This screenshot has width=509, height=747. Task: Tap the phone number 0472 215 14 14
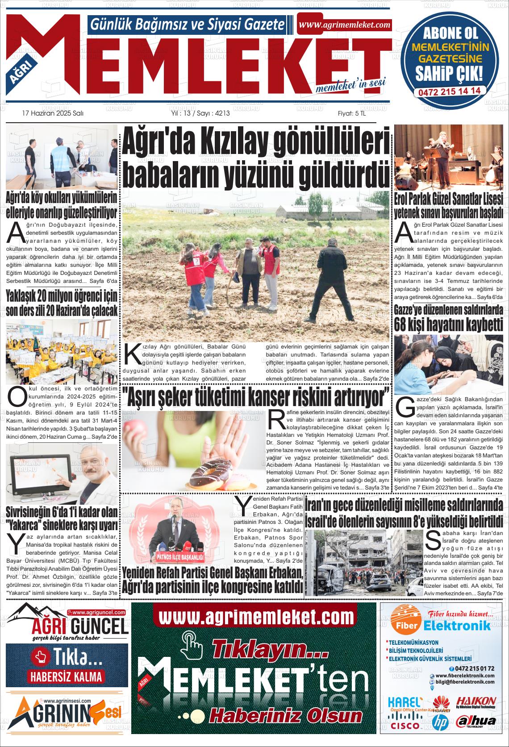(449, 91)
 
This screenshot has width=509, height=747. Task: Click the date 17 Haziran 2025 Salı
(53, 113)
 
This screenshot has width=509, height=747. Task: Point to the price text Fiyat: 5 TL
(351, 113)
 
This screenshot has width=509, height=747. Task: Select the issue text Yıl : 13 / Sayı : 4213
(200, 113)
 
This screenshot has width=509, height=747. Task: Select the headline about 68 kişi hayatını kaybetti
(448, 318)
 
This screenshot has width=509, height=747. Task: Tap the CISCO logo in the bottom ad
(405, 726)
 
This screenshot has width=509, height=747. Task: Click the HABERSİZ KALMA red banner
(66, 676)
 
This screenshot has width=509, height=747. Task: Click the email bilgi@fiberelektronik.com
(464, 682)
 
